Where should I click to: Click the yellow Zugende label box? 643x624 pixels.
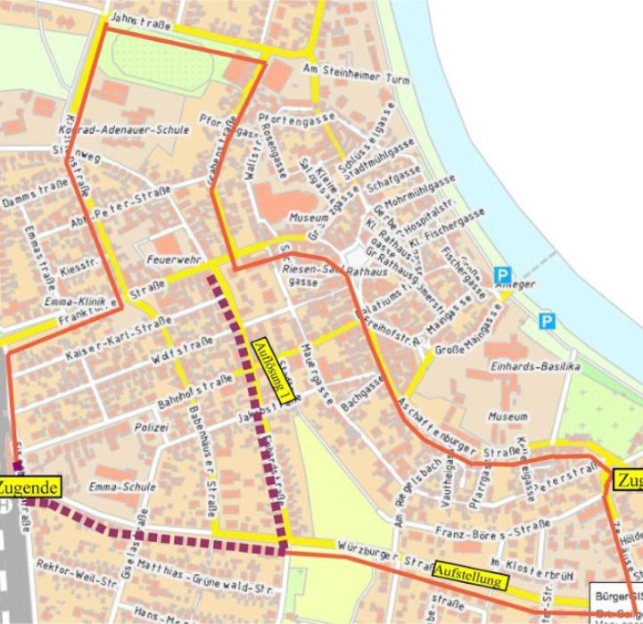[30, 488]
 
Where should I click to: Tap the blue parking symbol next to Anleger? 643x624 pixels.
[504, 275]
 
